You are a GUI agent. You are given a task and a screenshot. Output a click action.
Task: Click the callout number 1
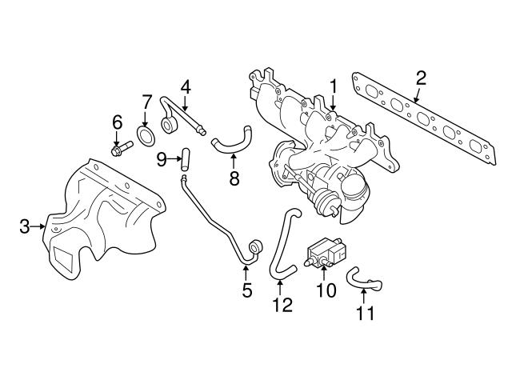coord(332,85)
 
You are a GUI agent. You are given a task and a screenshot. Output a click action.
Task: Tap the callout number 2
coord(421,78)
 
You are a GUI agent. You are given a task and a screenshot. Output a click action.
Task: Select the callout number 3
coord(25,227)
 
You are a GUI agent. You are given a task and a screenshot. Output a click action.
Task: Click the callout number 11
coord(364,314)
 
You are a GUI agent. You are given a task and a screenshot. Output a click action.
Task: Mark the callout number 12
coord(282,305)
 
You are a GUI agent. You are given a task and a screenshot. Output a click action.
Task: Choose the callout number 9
coord(162,159)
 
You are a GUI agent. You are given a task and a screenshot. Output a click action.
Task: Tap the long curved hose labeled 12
coord(280,244)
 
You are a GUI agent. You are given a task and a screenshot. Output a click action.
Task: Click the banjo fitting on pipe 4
coord(170,124)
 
